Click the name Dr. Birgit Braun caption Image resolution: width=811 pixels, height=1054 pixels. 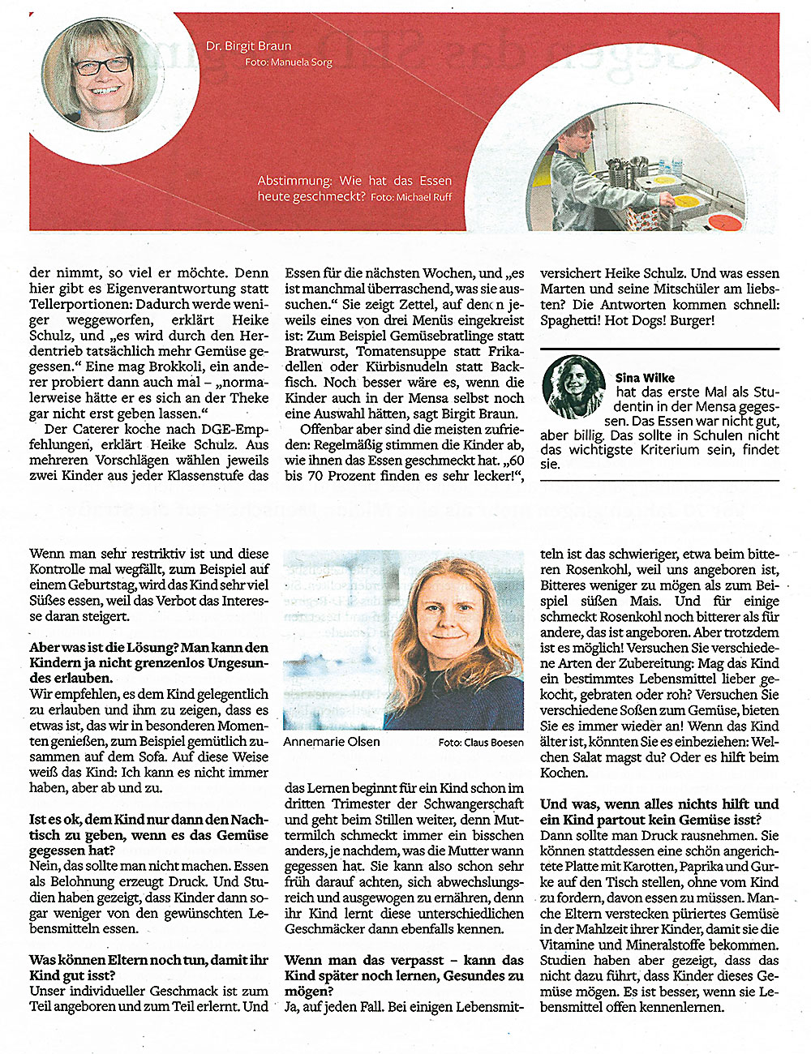(x=248, y=46)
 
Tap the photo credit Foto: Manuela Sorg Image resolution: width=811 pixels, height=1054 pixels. (x=288, y=62)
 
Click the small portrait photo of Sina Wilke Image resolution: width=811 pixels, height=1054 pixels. (x=573, y=387)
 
